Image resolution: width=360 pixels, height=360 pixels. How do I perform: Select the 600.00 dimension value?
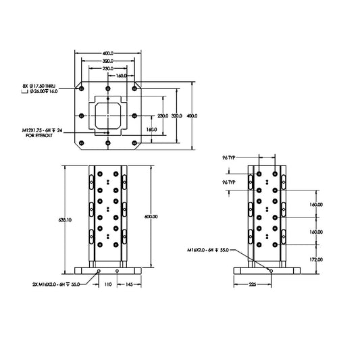[151, 216]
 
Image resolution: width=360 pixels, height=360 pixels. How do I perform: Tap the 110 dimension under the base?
[107, 284]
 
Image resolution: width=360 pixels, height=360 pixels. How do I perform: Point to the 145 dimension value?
[127, 284]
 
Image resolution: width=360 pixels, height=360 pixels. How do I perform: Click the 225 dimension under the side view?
[253, 284]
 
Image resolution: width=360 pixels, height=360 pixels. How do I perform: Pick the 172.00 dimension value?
[315, 259]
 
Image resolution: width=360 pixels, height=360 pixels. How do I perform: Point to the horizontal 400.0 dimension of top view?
[108, 52]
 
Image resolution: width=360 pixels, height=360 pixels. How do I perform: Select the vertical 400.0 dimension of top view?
[192, 116]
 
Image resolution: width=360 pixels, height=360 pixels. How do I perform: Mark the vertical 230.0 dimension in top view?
[162, 116]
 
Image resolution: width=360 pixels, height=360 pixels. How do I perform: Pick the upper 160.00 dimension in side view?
[315, 204]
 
